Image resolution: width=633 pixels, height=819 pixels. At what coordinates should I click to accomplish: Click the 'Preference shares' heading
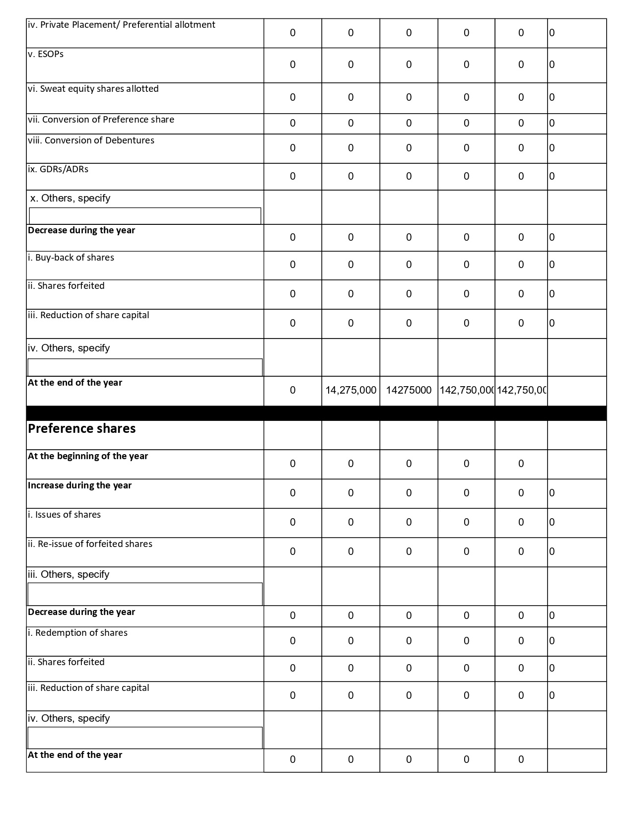click(x=81, y=429)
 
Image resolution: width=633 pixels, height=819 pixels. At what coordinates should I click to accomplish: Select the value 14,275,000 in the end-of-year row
click(x=351, y=390)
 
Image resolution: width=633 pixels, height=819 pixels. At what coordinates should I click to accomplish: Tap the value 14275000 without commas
click(x=409, y=390)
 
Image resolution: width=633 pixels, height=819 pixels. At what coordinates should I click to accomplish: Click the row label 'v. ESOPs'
click(x=46, y=54)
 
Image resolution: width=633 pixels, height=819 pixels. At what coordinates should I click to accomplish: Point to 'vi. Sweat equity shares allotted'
click(x=93, y=89)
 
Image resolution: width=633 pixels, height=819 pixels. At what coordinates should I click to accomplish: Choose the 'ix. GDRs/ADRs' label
click(x=58, y=169)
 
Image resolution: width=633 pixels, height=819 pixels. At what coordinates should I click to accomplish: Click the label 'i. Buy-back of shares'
click(x=71, y=258)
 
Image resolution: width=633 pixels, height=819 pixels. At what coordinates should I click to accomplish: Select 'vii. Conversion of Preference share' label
click(x=101, y=120)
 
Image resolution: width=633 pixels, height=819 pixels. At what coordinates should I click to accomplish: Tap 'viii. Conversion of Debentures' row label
click(x=91, y=140)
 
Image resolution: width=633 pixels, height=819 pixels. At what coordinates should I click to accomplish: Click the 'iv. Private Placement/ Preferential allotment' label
click(x=122, y=25)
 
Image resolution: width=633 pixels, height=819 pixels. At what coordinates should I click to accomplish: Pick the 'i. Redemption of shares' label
click(x=77, y=633)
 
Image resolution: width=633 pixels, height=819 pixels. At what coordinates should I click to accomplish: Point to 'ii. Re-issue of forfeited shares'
click(x=90, y=544)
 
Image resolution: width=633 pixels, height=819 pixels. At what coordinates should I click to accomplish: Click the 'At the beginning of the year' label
click(x=88, y=456)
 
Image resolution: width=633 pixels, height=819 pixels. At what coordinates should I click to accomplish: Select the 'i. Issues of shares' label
click(x=64, y=515)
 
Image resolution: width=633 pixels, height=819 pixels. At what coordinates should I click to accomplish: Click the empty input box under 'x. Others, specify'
click(x=145, y=216)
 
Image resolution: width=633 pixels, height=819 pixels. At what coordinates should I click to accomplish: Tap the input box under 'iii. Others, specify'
click(x=145, y=594)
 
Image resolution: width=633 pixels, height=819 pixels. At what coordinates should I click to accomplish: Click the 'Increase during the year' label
click(x=79, y=485)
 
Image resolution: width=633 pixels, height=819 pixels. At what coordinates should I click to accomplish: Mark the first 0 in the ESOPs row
click(x=292, y=65)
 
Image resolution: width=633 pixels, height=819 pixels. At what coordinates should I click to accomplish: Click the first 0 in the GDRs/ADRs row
click(x=292, y=176)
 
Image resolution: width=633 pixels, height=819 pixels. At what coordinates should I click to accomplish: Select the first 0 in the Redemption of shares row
click(x=292, y=641)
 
